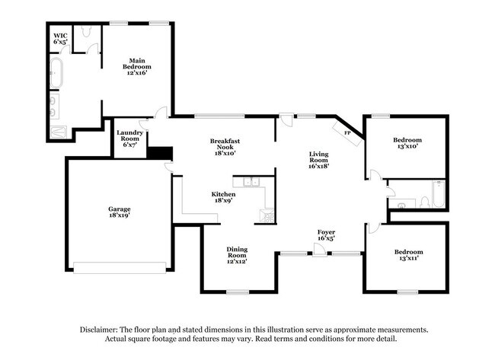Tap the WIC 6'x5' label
point(60,39)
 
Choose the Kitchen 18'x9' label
point(223,198)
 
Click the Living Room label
point(318,161)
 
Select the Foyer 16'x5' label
point(326,234)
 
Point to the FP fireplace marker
point(347,133)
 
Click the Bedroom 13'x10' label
point(407,143)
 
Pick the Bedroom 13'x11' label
point(407,256)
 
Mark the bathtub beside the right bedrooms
point(437,195)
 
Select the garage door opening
point(123,267)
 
